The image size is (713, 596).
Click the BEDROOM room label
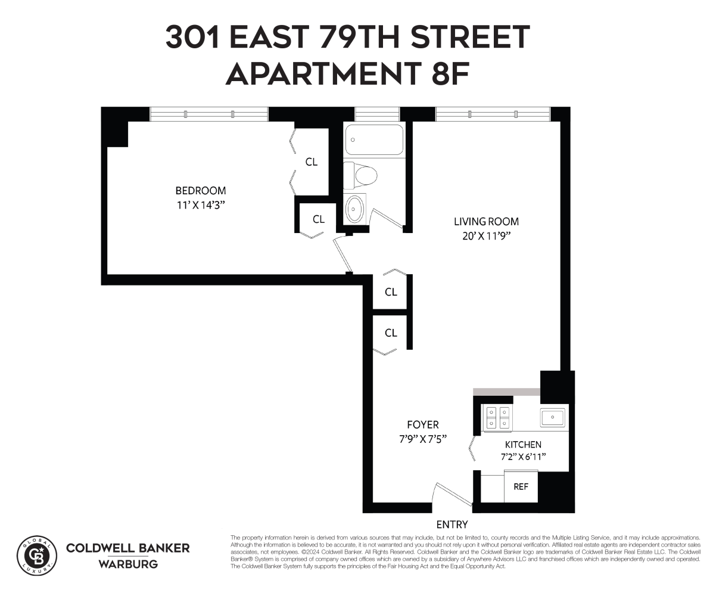click(200, 191)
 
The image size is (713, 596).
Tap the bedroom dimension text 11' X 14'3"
click(200, 204)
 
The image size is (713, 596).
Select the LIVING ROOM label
click(486, 222)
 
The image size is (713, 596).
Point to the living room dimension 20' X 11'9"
click(486, 235)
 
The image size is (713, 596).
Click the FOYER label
click(422, 425)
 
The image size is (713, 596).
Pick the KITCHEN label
click(523, 445)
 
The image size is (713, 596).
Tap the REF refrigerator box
click(521, 486)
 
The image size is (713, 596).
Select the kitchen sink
click(552, 417)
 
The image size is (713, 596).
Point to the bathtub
click(373, 139)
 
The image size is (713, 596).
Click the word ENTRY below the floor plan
click(452, 524)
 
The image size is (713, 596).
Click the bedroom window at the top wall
click(208, 114)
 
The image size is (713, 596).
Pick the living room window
click(493, 114)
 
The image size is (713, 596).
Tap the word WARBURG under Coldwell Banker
click(127, 564)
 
